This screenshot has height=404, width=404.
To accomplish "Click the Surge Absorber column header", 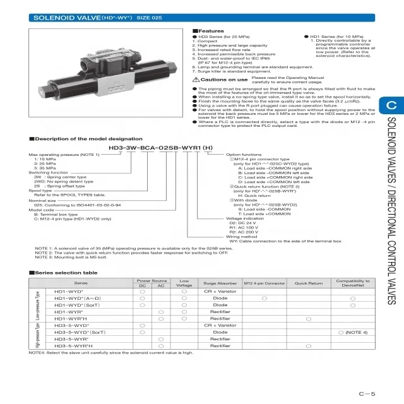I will tap(220, 283).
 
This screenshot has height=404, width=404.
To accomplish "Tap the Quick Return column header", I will tap(309, 283).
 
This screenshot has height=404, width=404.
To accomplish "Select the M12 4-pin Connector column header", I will tap(264, 283).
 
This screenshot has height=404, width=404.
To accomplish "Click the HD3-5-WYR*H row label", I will tap(74, 346).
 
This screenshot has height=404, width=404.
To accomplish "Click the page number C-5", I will tap(367, 394).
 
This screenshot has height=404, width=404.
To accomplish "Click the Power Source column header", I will tap(151, 280).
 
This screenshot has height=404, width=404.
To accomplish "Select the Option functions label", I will tap(244, 154).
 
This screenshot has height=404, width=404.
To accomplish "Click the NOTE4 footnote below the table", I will tap(110, 353).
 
